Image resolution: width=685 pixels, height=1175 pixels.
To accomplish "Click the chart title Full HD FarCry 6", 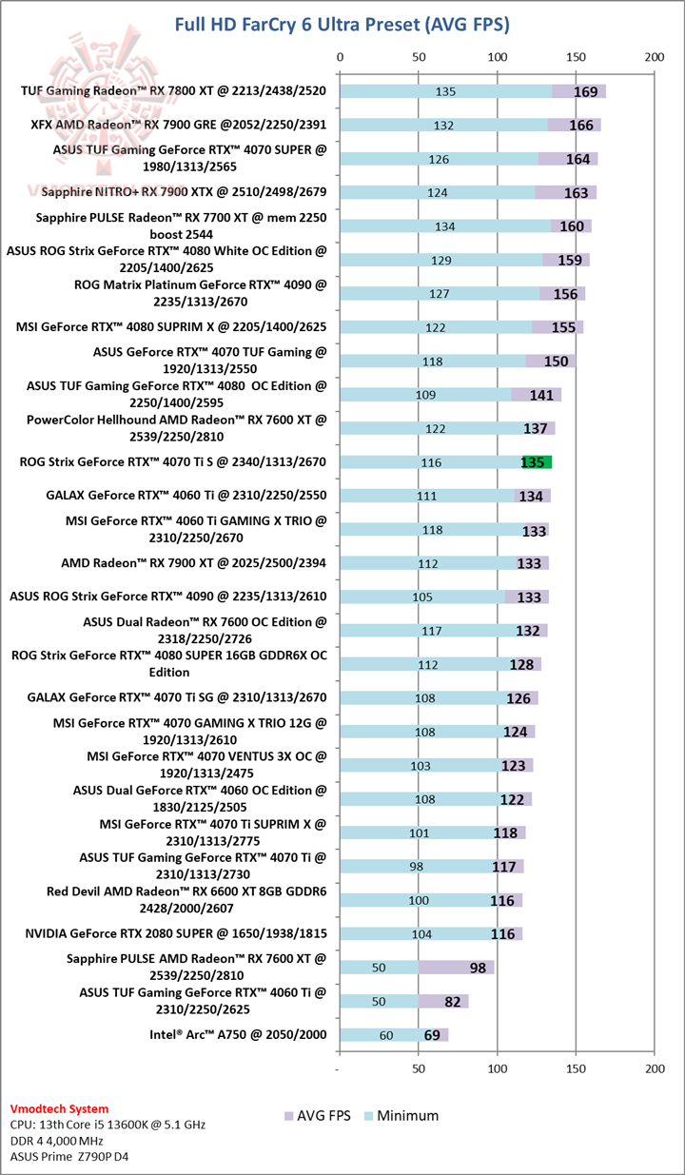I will (342, 24).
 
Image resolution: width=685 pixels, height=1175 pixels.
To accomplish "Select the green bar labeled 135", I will (536, 462).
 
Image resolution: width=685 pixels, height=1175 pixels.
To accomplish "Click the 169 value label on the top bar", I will (585, 91).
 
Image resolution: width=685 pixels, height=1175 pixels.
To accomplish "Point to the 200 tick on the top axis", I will (653, 57).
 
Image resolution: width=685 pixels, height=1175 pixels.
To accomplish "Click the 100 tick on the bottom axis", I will (497, 1068).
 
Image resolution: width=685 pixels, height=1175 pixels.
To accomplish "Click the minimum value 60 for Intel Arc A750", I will (385, 1035).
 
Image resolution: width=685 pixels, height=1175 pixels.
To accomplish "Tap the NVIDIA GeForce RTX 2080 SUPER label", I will (176, 933).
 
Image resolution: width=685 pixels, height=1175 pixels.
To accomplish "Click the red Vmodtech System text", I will (59, 1108).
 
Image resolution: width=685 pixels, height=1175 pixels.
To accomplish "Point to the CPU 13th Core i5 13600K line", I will (106, 1124).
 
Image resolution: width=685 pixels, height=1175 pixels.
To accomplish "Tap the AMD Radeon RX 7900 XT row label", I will (193, 562).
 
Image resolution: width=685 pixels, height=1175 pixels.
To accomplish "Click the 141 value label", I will (541, 395).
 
